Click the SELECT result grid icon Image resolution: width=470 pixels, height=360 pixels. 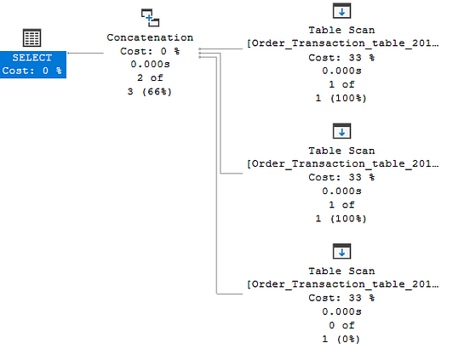[x=32, y=37]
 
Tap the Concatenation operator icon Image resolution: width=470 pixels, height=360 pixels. [x=150, y=18]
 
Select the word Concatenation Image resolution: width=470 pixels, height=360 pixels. [x=150, y=37]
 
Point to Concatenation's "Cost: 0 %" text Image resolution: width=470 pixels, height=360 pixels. [x=150, y=51]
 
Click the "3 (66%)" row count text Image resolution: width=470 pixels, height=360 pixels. [x=150, y=92]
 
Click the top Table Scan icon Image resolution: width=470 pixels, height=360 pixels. [x=341, y=11]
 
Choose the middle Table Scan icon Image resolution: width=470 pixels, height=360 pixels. [x=341, y=131]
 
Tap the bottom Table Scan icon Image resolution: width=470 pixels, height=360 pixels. [x=341, y=251]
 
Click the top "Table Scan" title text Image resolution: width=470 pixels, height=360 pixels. [x=341, y=30]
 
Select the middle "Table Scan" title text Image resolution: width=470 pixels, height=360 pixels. [x=341, y=151]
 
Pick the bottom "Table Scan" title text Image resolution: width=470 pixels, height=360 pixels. [x=341, y=271]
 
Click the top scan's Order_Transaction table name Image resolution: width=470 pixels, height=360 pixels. [x=342, y=43]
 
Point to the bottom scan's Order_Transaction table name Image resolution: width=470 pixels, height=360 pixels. [x=342, y=284]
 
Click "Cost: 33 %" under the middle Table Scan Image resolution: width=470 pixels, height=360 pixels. [x=341, y=177]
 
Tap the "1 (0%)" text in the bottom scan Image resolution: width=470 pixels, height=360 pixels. [x=341, y=339]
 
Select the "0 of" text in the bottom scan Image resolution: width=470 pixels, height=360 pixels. [x=341, y=325]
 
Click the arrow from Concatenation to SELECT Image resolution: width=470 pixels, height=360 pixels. [x=85, y=53]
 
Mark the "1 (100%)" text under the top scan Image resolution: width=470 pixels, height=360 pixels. [x=341, y=98]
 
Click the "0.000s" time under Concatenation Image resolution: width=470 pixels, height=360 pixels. [x=150, y=65]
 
